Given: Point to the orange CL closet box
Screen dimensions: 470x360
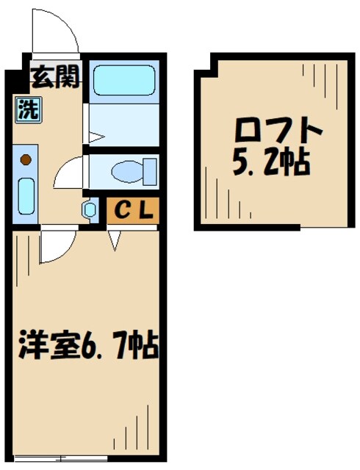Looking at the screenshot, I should [x=132, y=210].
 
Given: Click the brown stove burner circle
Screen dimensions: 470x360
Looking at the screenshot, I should [x=26, y=159].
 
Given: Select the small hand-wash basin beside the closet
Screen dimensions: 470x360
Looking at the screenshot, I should [x=90, y=210].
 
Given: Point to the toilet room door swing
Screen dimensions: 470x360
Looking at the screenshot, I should [x=70, y=173].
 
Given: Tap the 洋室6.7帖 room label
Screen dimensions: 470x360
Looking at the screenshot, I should [x=84, y=344].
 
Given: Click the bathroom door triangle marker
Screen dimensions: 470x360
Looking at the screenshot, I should [x=95, y=136].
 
